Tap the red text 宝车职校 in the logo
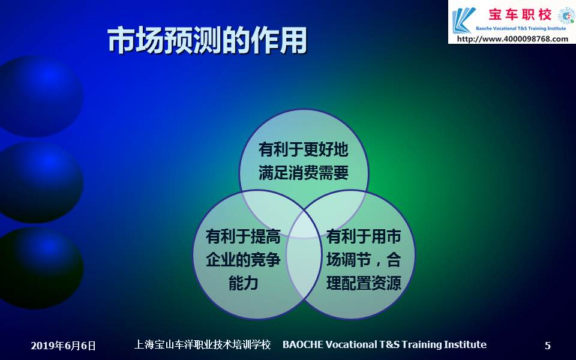click(520, 14)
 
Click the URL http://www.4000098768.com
click(512, 38)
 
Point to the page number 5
click(548, 346)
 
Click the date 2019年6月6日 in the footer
click(63, 346)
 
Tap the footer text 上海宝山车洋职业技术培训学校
click(202, 344)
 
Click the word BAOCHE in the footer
click(303, 344)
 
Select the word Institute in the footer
click(465, 344)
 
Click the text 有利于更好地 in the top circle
click(304, 149)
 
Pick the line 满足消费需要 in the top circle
click(304, 173)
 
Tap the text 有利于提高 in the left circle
click(243, 236)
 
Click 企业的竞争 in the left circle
click(243, 259)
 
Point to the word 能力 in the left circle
click(243, 283)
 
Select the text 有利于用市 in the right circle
click(364, 236)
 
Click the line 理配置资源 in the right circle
click(364, 283)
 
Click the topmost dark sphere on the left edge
click(40, 96)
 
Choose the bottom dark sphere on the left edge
click(40, 268)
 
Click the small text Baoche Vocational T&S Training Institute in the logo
click(521, 28)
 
